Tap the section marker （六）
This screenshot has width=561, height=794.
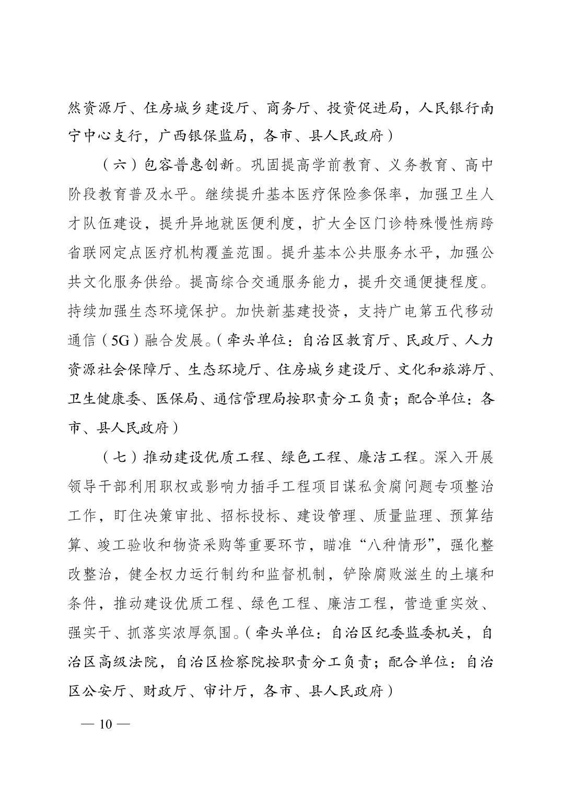(x=120, y=166)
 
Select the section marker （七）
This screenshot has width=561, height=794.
(x=120, y=457)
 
